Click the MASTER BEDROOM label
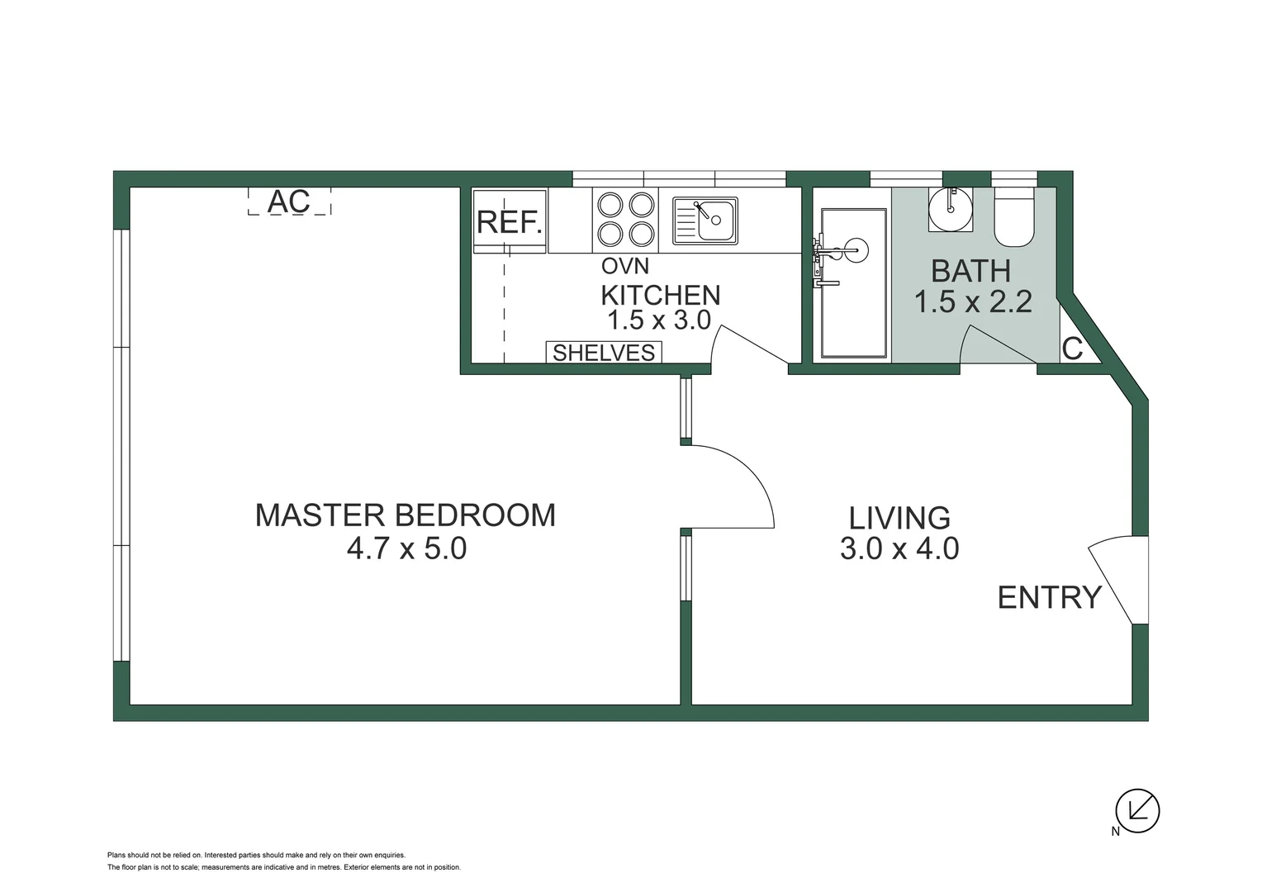click(x=405, y=515)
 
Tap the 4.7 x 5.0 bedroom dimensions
click(x=406, y=548)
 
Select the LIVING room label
click(x=899, y=518)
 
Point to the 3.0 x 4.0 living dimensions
click(x=899, y=548)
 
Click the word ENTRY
click(x=1049, y=596)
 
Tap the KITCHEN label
click(x=660, y=295)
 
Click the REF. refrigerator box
click(x=510, y=221)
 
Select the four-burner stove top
click(x=625, y=220)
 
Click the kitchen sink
click(x=705, y=221)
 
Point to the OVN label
click(x=624, y=266)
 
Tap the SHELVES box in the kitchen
click(x=604, y=353)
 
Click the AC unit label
click(x=289, y=201)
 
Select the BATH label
click(x=970, y=271)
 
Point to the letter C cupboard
click(x=1072, y=349)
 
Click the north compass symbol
click(x=1137, y=810)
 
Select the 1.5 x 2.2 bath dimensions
click(x=972, y=302)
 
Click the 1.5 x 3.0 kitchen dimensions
click(x=659, y=320)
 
